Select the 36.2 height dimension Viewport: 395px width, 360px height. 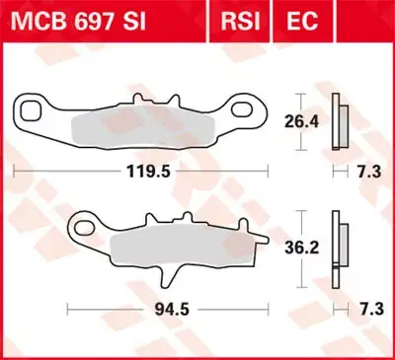click(x=300, y=250)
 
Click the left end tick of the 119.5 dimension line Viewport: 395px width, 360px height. click(x=13, y=171)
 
